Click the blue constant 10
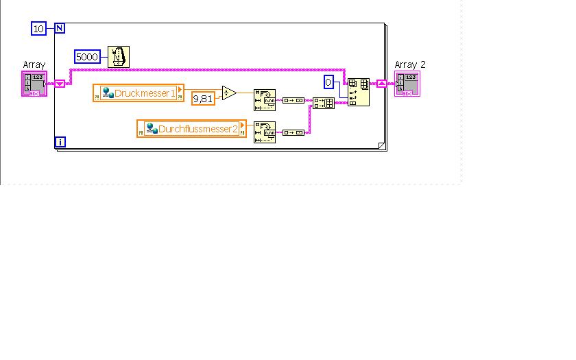point(38,28)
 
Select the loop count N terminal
point(60,28)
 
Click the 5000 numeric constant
point(87,57)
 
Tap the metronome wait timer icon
point(119,57)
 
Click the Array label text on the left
point(34,64)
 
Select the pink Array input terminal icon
point(34,84)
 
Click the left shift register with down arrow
point(60,84)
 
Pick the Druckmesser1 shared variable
point(139,93)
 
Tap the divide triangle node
point(228,93)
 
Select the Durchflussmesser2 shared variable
point(191,128)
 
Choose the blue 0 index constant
point(328,82)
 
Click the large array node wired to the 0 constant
point(358,92)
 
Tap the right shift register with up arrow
point(381,84)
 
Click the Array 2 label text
point(410,64)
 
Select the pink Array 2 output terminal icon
point(407,84)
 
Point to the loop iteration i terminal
point(60,142)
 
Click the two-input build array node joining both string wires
point(323,103)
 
